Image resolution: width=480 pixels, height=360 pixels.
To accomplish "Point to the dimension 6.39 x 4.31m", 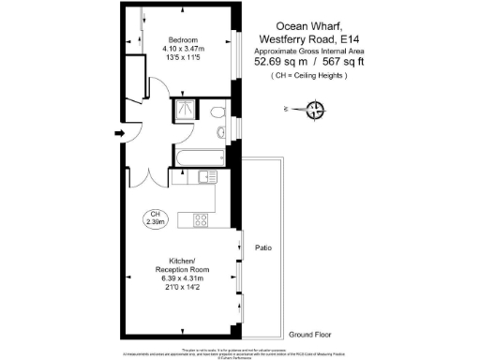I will point(181,278).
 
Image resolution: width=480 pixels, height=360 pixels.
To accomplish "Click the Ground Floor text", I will point(309,334).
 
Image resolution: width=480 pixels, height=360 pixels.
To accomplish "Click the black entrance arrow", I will point(118,134).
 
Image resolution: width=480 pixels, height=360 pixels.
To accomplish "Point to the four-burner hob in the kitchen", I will point(200,220).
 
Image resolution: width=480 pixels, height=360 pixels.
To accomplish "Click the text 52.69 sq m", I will point(280,62).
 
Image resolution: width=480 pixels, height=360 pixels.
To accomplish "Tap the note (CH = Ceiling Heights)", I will point(308,75).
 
